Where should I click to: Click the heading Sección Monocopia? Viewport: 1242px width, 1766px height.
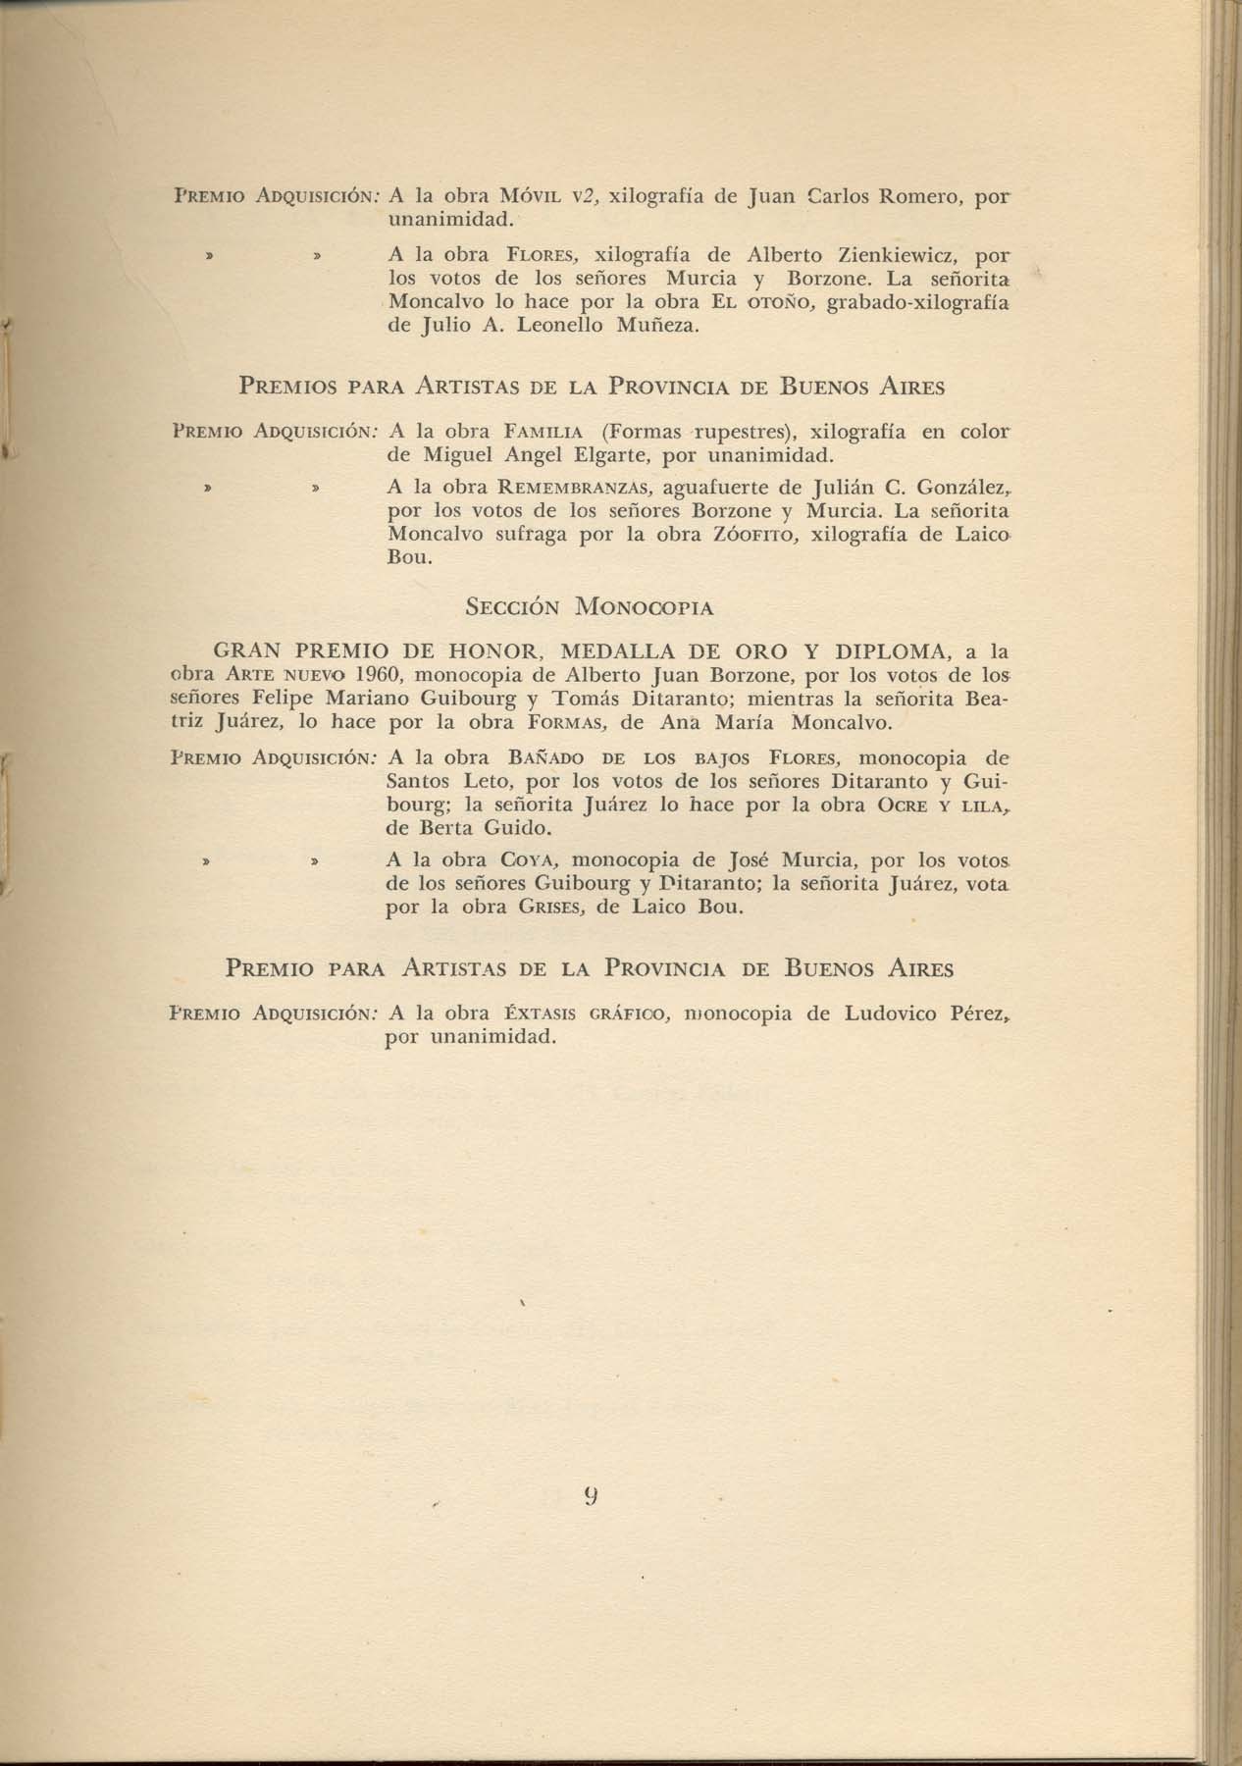(589, 606)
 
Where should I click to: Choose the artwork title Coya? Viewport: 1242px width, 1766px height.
(529, 860)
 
